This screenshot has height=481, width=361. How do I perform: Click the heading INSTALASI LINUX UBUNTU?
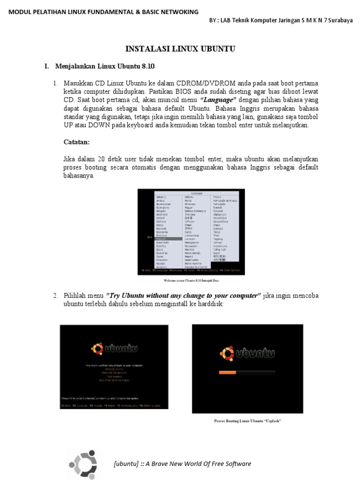click(x=180, y=49)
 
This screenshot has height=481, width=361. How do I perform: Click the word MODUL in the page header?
click(x=20, y=12)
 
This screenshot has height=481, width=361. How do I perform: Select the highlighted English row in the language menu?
click(x=168, y=239)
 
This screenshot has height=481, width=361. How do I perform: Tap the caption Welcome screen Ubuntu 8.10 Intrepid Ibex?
click(x=191, y=280)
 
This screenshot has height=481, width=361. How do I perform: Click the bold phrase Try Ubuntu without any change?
click(x=183, y=295)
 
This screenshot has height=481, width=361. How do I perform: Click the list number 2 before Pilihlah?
click(x=55, y=295)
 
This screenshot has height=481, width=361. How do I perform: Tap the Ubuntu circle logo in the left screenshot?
click(x=97, y=348)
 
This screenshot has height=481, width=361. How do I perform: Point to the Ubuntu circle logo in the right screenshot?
click(x=228, y=353)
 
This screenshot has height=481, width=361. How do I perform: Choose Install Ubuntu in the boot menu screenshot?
click(x=114, y=369)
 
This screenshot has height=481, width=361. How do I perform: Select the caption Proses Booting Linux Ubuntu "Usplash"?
click(x=247, y=421)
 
